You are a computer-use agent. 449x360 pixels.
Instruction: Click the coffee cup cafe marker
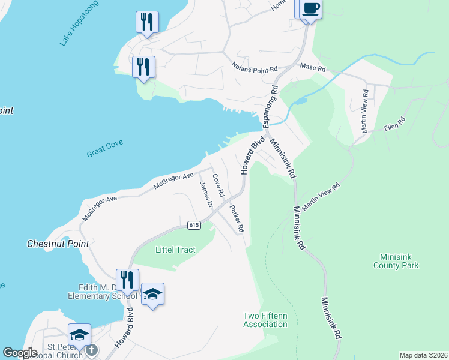point(310,10)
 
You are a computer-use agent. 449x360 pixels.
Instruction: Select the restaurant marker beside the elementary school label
point(127,280)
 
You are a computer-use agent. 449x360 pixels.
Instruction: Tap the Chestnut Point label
point(58,244)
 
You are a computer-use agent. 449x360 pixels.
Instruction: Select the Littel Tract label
point(175,250)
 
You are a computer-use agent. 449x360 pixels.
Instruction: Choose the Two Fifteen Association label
point(265,320)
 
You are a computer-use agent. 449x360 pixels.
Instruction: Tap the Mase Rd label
point(312,68)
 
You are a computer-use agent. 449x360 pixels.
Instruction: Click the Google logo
point(20,353)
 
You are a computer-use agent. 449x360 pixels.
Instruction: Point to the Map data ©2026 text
point(423,355)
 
